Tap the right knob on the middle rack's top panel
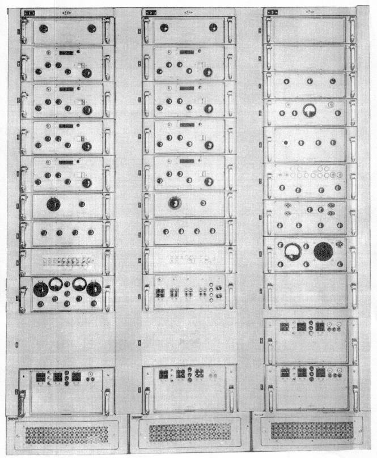(213, 27)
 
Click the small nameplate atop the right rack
(273, 11)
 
